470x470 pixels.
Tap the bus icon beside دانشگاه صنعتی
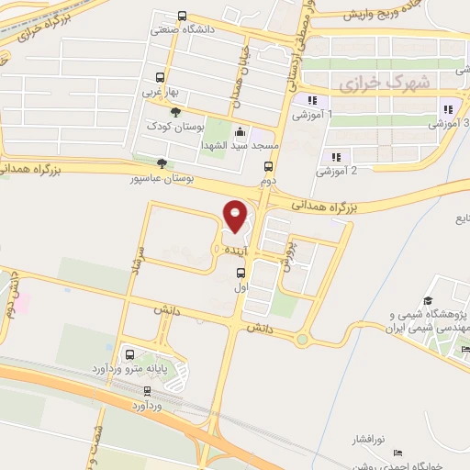point(182,17)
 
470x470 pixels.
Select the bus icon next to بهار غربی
point(161,78)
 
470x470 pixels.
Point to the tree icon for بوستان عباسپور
point(162,163)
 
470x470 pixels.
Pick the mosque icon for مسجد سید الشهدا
point(240,131)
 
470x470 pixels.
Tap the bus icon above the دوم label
point(268,167)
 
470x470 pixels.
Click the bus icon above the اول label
point(241,273)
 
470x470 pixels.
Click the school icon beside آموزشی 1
point(312,101)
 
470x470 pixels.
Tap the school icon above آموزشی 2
point(336,157)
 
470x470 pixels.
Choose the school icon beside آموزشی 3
point(447,107)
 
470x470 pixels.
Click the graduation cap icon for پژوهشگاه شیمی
point(428,301)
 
